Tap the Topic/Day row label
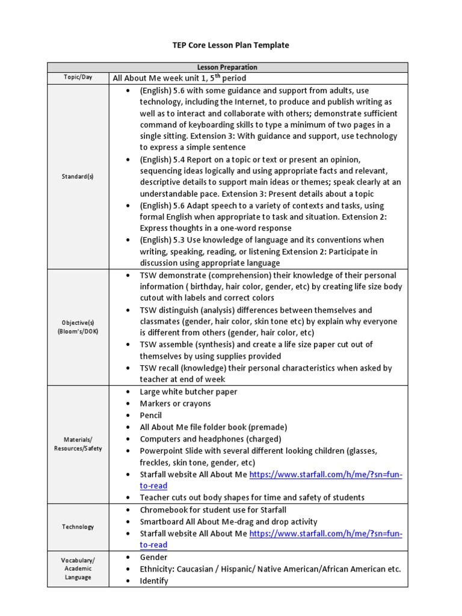[78, 78]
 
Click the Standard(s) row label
[78, 176]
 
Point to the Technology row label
[78, 527]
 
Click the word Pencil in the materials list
[151, 415]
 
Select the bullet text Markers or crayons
[175, 404]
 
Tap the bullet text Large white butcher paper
[188, 392]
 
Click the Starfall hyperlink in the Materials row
[325, 475]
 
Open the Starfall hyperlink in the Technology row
[325, 534]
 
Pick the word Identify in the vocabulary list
[154, 581]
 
